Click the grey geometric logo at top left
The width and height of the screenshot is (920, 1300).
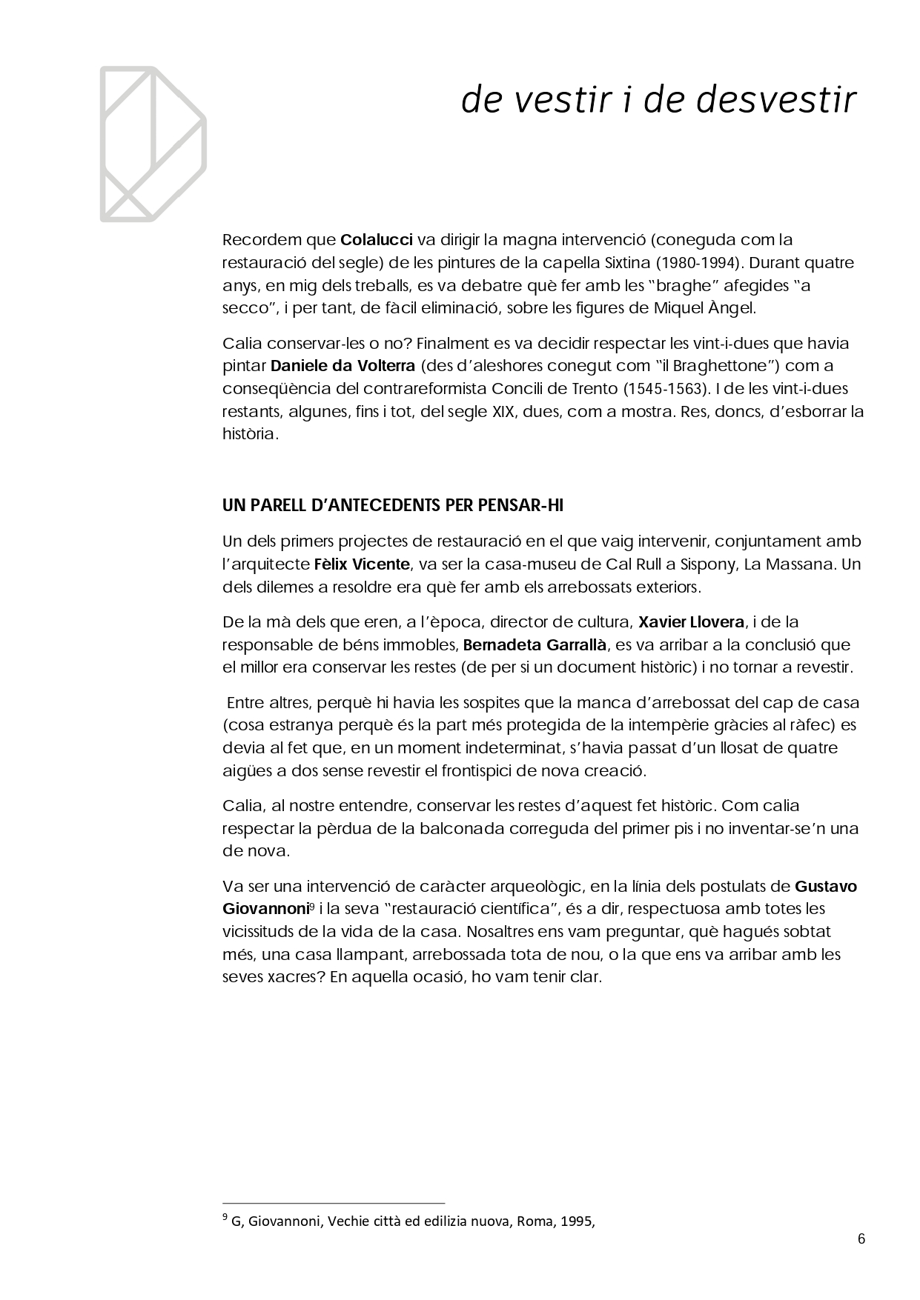[153, 144]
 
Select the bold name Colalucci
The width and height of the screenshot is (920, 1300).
[376, 240]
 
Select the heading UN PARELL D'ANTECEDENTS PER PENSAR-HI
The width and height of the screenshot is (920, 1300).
[393, 506]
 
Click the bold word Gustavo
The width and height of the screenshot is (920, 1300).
[825, 886]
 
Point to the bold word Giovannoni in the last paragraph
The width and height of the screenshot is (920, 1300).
[256, 909]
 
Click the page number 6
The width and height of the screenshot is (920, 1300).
[861, 1239]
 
